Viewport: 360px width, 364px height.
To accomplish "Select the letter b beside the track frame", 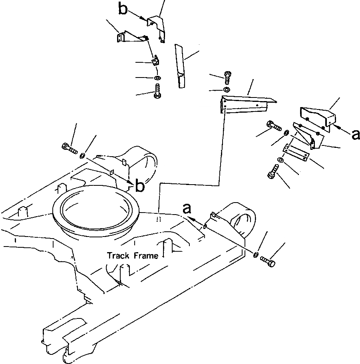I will (x=139, y=186).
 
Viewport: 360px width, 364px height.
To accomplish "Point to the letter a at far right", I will (x=355, y=135).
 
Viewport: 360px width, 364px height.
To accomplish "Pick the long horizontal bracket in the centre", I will (x=244, y=103).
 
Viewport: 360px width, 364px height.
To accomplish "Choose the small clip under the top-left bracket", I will (x=155, y=61).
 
